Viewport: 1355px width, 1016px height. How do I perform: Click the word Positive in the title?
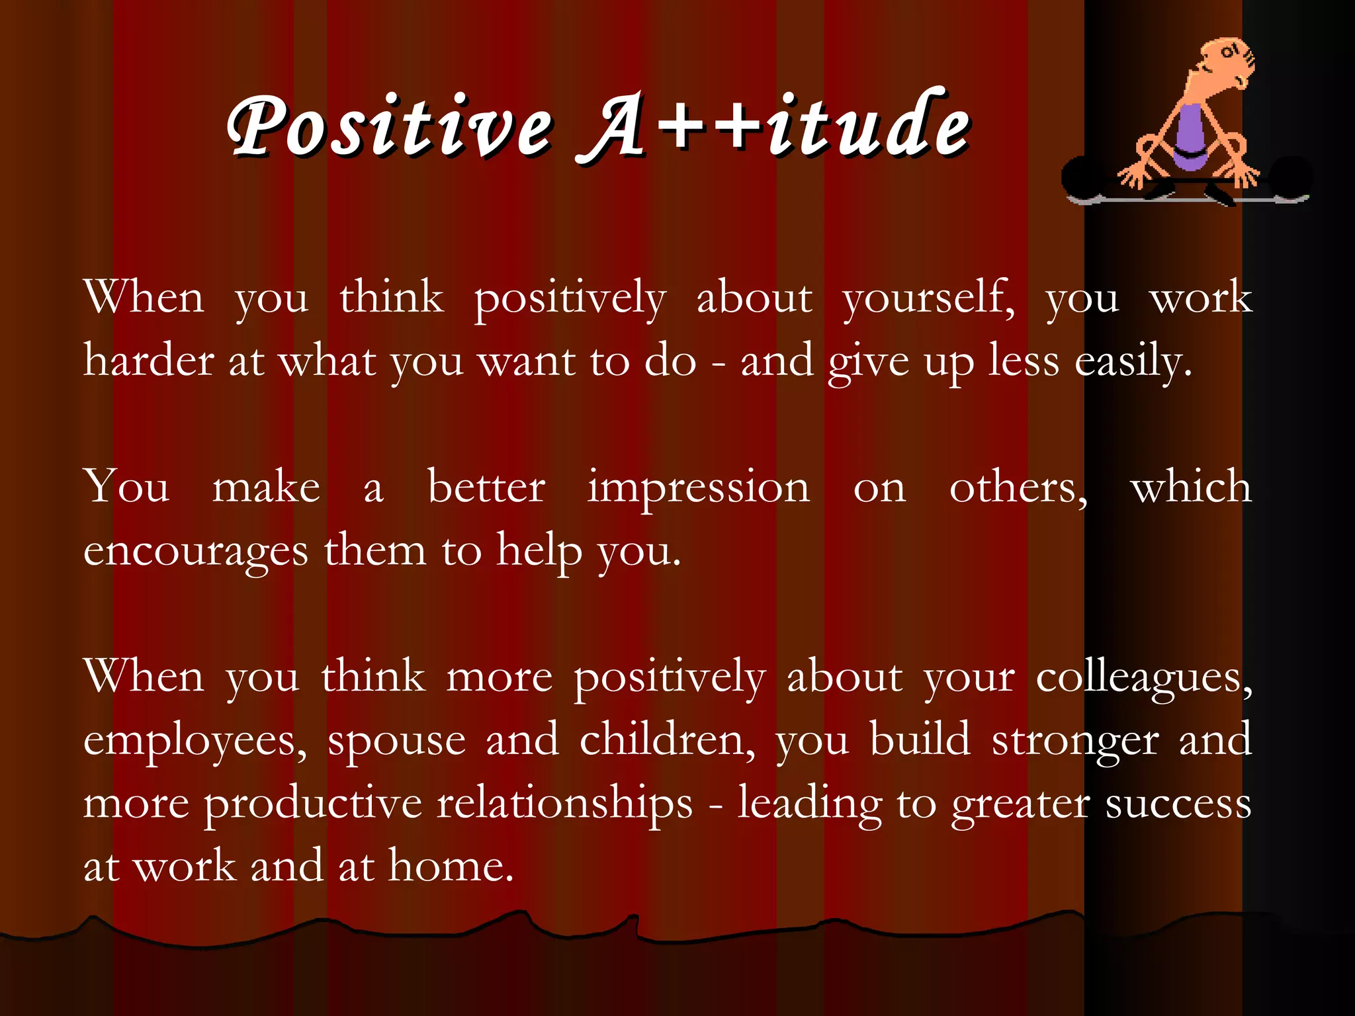coord(390,126)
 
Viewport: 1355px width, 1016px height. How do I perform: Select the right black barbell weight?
coord(1290,175)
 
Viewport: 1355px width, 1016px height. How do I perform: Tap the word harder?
coord(149,361)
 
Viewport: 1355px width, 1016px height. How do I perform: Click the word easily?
coord(1132,361)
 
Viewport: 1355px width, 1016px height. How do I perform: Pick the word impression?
coord(698,487)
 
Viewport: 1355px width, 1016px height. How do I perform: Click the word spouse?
coord(397,741)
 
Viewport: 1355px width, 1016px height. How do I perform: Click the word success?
coord(1178,803)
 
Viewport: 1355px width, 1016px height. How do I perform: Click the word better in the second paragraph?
coord(486,487)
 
